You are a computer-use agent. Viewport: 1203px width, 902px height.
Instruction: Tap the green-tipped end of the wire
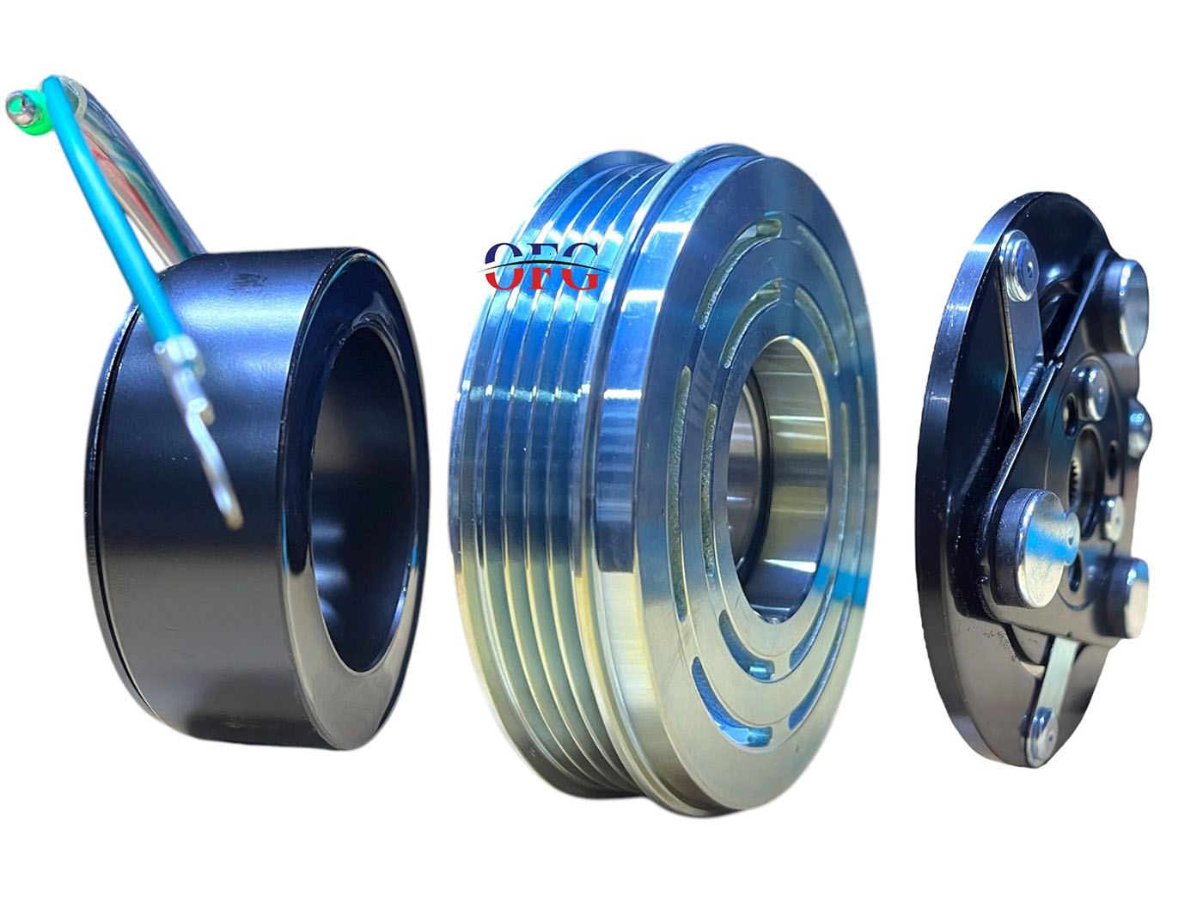(x=25, y=107)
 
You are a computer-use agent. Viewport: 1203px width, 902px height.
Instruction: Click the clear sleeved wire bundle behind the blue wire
(x=140, y=164)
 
